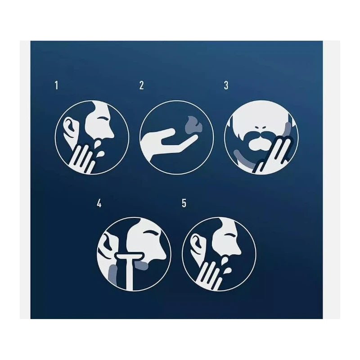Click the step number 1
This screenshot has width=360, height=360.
[x=57, y=85]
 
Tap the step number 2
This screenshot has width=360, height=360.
[x=141, y=85]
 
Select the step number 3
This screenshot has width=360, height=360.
[x=226, y=85]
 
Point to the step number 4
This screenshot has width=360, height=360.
[x=99, y=203]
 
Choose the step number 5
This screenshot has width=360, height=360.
[x=184, y=203]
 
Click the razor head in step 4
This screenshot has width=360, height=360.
[x=130, y=256]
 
